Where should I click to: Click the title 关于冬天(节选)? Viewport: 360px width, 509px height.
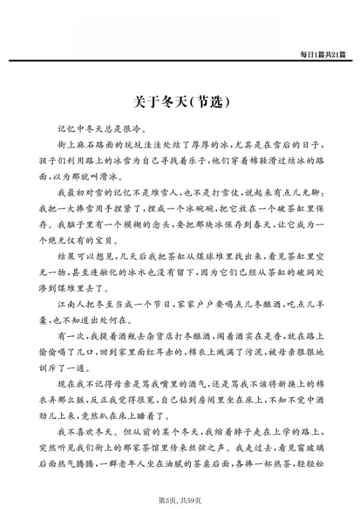[x=180, y=100]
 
